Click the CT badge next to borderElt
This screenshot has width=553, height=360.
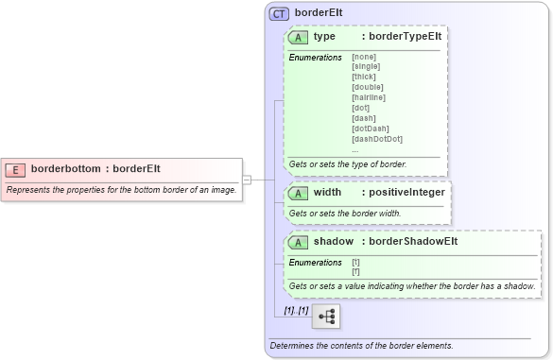point(279,13)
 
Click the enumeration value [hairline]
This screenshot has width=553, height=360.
point(369,97)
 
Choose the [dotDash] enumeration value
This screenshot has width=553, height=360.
point(370,129)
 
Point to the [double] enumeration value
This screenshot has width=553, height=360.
point(367,87)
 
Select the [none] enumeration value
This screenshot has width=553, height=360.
point(363,57)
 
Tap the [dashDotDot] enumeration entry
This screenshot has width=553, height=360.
point(376,139)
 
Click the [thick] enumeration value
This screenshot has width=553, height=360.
point(363,77)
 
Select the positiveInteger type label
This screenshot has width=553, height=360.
point(406,192)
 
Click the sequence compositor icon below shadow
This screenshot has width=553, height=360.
point(326,316)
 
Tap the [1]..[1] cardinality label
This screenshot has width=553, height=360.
point(296,310)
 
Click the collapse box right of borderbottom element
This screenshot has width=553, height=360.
point(246,179)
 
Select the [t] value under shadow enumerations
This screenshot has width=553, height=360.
point(355,262)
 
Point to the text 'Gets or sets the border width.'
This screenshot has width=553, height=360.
point(345,214)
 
